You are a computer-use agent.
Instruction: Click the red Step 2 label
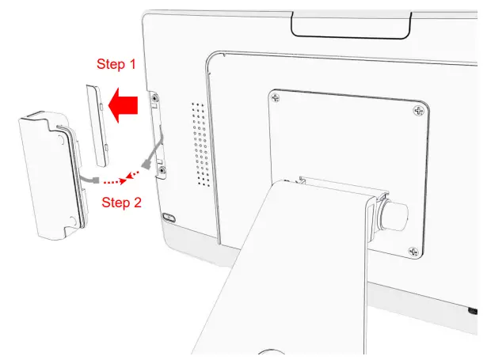[122, 203]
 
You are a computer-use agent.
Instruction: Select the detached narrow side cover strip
[98, 124]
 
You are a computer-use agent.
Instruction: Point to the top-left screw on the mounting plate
[275, 98]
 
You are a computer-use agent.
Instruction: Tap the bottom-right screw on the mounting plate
[412, 251]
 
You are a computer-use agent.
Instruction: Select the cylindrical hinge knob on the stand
[396, 214]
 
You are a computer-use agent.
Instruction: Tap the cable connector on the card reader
[96, 181]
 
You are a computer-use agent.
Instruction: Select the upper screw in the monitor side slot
[157, 101]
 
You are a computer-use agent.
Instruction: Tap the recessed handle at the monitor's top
[350, 26]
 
